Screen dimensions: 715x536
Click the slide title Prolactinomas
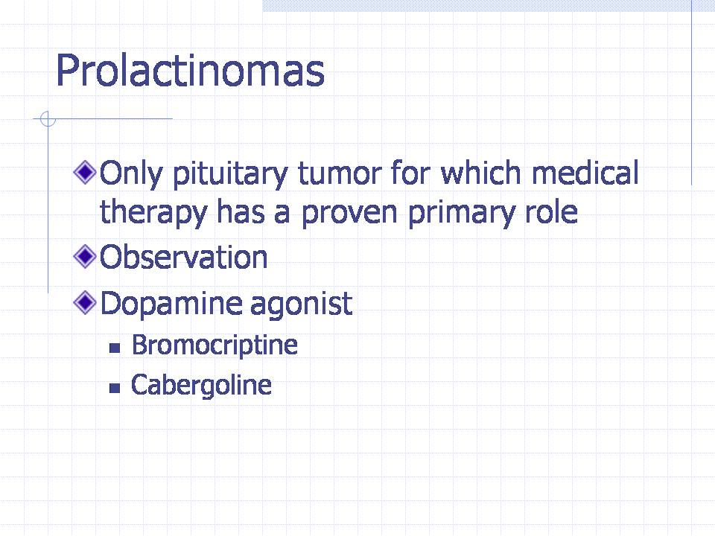pyautogui.click(x=190, y=70)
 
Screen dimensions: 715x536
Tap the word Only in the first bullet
pyautogui.click(x=131, y=173)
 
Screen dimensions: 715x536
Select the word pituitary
pyautogui.click(x=230, y=173)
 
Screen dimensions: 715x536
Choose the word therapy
pyautogui.click(x=153, y=212)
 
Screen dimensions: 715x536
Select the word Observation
pyautogui.click(x=183, y=257)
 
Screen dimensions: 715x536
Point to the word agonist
pyautogui.click(x=301, y=304)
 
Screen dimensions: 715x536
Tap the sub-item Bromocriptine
pyautogui.click(x=214, y=345)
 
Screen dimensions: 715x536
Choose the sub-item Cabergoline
pyautogui.click(x=201, y=386)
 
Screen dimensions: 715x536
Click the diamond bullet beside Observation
pyautogui.click(x=85, y=256)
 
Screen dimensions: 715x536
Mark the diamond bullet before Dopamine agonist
pyautogui.click(x=85, y=302)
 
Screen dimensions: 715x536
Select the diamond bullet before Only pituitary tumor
pyautogui.click(x=85, y=172)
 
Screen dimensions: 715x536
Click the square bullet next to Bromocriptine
pyautogui.click(x=115, y=348)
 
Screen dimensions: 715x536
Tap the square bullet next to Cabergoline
pyautogui.click(x=115, y=389)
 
